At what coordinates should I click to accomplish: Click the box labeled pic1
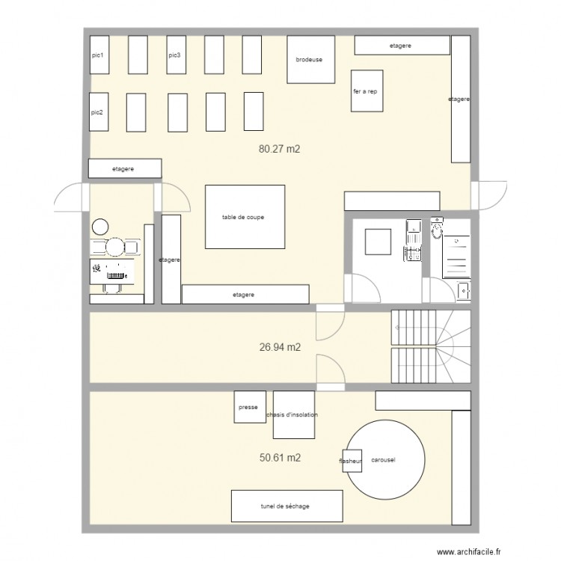99,55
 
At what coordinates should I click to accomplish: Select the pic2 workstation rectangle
99,112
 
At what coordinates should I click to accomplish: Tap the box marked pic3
176,55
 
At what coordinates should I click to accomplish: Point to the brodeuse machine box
311,59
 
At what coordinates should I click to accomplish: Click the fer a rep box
367,91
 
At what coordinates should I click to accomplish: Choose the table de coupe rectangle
245,217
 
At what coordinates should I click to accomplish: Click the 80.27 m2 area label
279,149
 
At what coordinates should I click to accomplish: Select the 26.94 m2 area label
280,347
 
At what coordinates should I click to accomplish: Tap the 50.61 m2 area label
280,458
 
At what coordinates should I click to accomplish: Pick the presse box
250,407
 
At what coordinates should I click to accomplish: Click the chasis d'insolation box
294,414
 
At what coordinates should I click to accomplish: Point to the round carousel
386,460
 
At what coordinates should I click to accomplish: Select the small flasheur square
352,461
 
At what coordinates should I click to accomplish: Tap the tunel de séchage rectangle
287,506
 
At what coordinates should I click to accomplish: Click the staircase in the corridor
431,346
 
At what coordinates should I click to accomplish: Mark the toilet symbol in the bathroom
437,227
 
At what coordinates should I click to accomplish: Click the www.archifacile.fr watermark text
469,552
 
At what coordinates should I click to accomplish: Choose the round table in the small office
114,247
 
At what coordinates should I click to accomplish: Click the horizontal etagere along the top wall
402,45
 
